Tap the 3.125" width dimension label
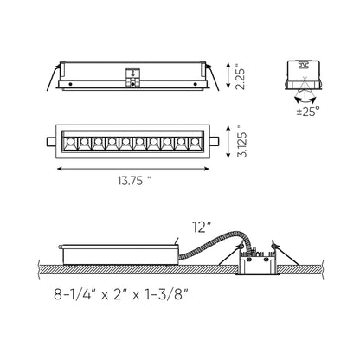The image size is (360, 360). click(x=241, y=142)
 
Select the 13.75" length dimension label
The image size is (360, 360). click(x=134, y=181)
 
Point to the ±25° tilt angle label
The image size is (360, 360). click(x=308, y=111)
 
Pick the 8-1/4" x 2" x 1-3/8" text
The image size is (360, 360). click(x=121, y=295)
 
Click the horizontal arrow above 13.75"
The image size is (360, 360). click(x=133, y=169)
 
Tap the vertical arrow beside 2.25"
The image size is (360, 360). click(x=228, y=75)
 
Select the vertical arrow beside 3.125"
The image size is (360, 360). click(x=228, y=142)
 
